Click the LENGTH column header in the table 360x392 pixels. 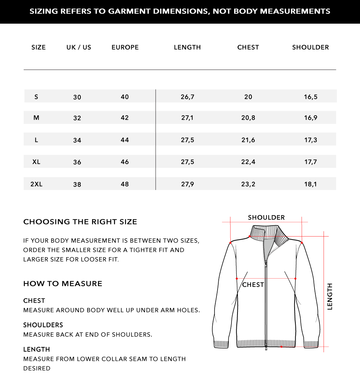click(187, 47)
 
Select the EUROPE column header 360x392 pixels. click(125, 47)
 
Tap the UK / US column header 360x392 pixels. click(79, 47)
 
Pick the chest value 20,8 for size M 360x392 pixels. click(248, 118)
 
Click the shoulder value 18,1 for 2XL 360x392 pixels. click(310, 184)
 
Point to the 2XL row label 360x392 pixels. click(36, 184)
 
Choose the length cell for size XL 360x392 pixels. click(187, 162)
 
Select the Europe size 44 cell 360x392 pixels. click(125, 140)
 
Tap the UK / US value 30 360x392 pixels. click(77, 97)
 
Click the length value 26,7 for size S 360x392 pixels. click(187, 97)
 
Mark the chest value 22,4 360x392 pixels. click(248, 162)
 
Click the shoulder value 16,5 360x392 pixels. click(310, 97)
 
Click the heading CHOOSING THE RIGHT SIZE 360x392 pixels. click(80, 222)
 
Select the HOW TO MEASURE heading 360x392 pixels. click(63, 284)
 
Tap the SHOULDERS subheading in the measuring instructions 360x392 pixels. click(43, 325)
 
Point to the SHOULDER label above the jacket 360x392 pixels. click(266, 218)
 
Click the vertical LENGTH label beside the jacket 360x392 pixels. click(330, 297)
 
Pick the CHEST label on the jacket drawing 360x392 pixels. click(253, 285)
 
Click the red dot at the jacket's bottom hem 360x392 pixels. click(281, 347)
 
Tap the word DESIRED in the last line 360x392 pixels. click(37, 368)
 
